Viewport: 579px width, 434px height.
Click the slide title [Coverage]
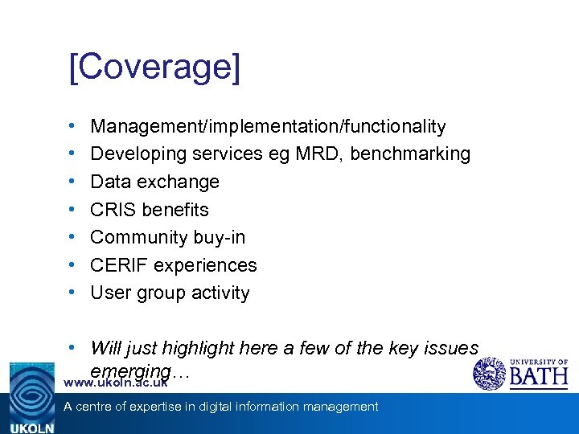point(154,68)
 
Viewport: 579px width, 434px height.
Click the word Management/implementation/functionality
point(268,126)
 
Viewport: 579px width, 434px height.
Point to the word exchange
point(181,182)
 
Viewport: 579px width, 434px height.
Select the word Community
point(133,237)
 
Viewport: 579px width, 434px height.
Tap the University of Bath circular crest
point(489,374)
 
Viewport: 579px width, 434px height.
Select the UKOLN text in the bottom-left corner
point(31,428)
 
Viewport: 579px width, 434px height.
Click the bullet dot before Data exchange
point(72,182)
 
